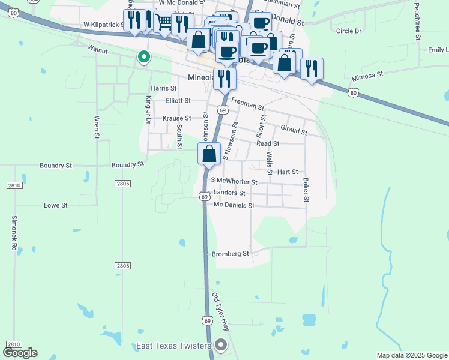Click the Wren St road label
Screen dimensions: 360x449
[96, 127]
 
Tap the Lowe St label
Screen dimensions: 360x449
[56, 205]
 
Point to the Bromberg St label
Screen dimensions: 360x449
[231, 254]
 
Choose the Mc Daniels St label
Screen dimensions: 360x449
[234, 205]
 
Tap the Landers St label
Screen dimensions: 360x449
[229, 193]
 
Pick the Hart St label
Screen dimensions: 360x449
[288, 172]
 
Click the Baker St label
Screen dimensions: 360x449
[306, 189]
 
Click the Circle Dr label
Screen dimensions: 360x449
[349, 31]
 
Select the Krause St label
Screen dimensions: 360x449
[176, 118]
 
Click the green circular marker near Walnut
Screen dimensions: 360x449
[144, 58]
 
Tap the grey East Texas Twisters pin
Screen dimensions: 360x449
[221, 345]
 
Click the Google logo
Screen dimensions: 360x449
[20, 353]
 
